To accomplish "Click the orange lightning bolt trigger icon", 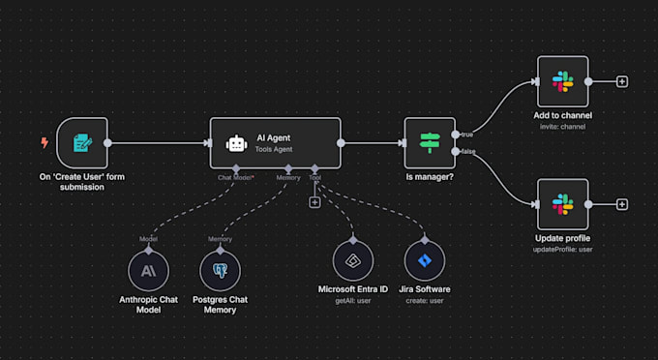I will point(44,143).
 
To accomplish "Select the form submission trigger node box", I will point(81,143).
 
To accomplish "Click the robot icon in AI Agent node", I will point(236,144).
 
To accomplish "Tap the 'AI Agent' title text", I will point(275,137).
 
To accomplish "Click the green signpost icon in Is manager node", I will point(429,143).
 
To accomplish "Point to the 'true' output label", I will point(467,135).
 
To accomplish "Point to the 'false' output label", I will point(468,152).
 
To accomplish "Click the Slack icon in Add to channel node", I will point(562,81).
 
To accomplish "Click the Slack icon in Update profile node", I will point(562,204).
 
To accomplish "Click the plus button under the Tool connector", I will point(314,202).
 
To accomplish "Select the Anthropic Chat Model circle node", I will point(148,268).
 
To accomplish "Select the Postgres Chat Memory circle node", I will point(221,268).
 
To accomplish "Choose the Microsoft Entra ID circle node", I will point(352,260).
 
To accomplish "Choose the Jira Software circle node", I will point(424,260).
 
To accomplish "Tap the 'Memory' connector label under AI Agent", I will point(289,178).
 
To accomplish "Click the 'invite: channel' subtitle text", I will point(562,127).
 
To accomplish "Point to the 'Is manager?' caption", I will point(429,178).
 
